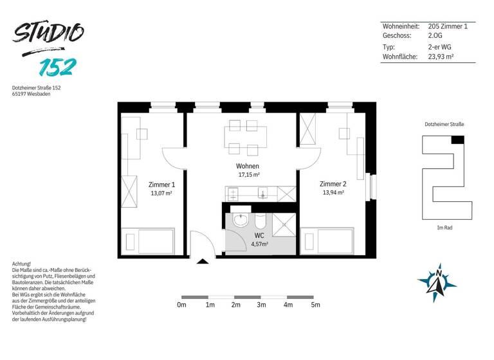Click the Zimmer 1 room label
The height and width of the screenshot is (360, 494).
point(161,184)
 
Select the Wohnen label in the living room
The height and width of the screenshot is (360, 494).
point(248,166)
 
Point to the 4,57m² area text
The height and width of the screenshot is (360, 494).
point(259,244)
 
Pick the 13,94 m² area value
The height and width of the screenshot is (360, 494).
point(333,192)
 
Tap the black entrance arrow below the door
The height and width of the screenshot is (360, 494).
point(202,261)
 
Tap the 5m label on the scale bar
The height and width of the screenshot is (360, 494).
point(315,305)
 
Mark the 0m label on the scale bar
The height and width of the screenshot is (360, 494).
point(181,305)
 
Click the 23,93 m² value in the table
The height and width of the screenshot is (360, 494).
point(441,57)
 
